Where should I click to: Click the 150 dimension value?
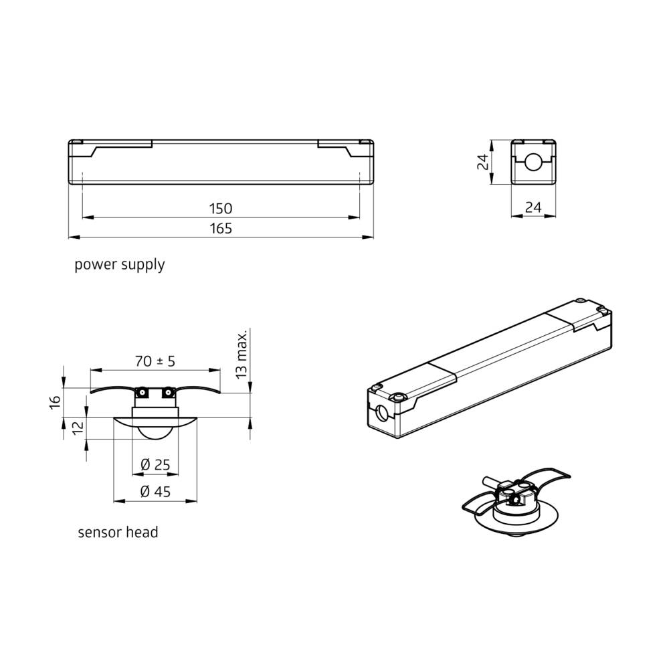(x=220, y=209)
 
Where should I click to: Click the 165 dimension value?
(x=220, y=229)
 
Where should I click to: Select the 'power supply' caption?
(x=119, y=265)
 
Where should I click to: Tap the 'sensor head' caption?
(x=118, y=533)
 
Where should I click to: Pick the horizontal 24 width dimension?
(x=533, y=208)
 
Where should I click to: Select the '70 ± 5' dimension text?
(x=155, y=361)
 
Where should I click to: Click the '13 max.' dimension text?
(x=242, y=353)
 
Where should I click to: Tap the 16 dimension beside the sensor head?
(x=56, y=401)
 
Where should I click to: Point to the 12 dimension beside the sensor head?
(x=78, y=427)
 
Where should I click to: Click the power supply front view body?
(x=221, y=161)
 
